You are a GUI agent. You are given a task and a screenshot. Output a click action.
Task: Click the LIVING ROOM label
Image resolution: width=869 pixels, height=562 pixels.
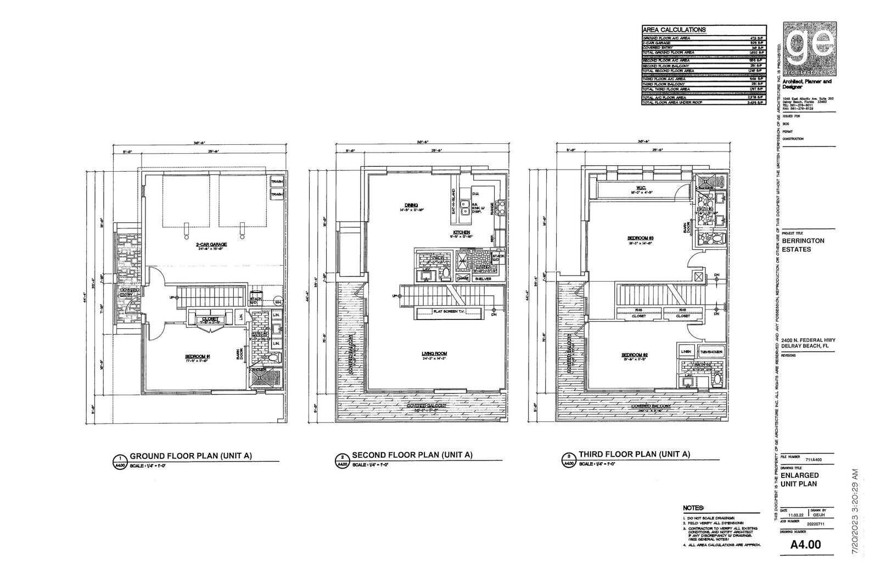point(434,354)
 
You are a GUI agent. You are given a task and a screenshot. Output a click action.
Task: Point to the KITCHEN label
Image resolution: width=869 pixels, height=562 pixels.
point(461,232)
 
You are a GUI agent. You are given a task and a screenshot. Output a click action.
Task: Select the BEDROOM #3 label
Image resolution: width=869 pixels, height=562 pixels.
point(640,238)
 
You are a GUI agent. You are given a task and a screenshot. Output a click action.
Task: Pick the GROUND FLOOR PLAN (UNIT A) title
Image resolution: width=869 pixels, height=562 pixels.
point(190,456)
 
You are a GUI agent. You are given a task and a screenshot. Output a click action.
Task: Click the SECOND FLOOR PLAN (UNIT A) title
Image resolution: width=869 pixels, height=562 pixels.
point(412,455)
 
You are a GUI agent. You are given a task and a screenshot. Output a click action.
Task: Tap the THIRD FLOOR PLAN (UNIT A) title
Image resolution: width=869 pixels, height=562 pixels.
point(633,454)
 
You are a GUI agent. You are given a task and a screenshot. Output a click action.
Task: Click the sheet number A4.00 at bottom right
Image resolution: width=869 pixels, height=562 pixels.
point(805,544)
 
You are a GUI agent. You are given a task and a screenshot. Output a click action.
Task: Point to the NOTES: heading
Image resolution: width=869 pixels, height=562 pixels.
point(693,508)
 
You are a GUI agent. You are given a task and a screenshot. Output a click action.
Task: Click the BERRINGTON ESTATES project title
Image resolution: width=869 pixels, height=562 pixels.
point(803,244)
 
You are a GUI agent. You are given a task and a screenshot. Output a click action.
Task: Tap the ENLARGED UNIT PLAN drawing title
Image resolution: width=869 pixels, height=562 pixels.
point(800,479)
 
